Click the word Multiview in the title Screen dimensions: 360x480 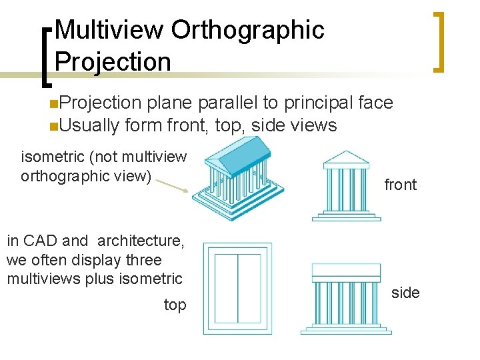point(109,29)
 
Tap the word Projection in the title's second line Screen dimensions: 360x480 point(113,61)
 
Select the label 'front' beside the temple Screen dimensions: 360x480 point(400,185)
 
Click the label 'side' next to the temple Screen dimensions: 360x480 point(405,293)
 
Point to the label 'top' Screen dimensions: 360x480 point(175,305)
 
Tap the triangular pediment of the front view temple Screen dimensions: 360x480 point(345,159)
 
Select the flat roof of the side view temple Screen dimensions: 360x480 point(346,271)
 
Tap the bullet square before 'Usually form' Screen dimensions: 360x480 point(53,125)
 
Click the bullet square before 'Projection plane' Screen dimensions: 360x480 point(53,103)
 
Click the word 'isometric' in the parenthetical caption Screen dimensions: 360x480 point(51,157)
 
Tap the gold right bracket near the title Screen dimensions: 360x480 point(438,41)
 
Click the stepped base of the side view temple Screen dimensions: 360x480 point(346,329)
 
